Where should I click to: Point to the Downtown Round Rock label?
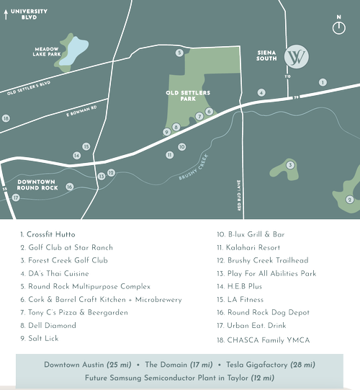click(x=37, y=184)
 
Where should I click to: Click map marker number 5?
click(x=179, y=53)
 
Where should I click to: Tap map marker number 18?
click(x=6, y=118)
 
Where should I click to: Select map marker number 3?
click(x=290, y=165)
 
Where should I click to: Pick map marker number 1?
click(x=323, y=82)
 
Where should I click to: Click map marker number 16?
click(x=70, y=187)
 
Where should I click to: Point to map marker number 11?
click(x=169, y=154)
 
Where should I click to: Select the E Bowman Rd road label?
click(x=81, y=114)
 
